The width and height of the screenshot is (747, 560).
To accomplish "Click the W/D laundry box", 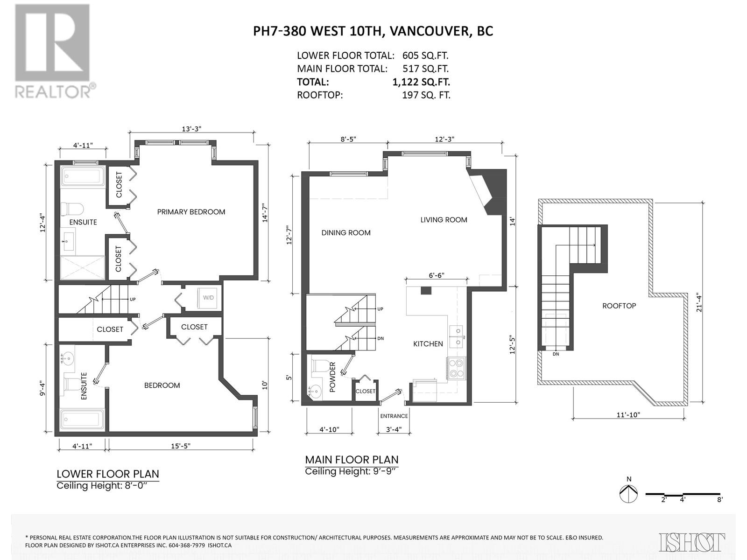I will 208,297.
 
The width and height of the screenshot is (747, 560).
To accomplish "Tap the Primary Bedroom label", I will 191,212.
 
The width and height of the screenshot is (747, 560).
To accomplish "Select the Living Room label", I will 444,220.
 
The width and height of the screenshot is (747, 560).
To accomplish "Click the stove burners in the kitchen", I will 455,368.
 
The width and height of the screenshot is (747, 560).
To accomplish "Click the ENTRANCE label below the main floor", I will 394,416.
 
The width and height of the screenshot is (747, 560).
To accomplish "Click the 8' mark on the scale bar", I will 719,499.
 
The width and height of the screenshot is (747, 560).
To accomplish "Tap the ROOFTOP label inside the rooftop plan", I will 619,306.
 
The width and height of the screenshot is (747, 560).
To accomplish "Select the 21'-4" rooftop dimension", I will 698,302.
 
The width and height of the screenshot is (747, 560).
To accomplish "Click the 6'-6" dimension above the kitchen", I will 436,275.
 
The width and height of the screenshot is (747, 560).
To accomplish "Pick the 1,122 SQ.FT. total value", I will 421,82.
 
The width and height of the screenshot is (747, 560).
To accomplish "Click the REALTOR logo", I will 53,51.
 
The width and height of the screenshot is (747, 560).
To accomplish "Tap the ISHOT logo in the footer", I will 692,542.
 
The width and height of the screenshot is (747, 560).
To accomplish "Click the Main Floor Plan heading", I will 352,460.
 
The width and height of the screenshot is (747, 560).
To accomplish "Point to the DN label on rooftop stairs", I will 556,354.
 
